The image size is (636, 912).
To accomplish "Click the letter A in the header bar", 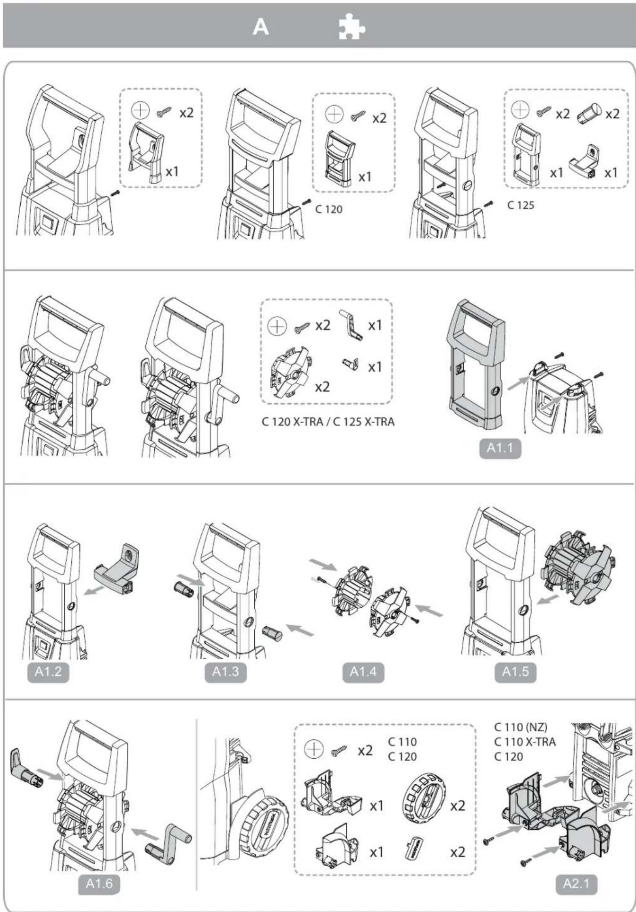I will (x=260, y=27).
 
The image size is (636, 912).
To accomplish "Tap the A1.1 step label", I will (x=500, y=448).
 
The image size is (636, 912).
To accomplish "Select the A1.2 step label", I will (x=48, y=672).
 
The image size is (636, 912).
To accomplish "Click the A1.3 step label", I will (x=225, y=672).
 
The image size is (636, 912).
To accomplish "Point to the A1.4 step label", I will (x=363, y=672).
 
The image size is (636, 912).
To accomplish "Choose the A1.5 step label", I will (x=515, y=672).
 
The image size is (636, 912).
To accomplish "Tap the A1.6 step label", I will (x=99, y=883).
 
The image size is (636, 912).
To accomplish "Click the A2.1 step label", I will (x=576, y=883).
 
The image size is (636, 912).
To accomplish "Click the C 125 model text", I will (x=520, y=205).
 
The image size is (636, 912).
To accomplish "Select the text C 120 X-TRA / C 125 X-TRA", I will (x=328, y=421).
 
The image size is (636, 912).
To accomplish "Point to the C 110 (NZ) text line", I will (x=520, y=727).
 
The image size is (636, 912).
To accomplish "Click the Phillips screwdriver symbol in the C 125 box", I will (x=520, y=110).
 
